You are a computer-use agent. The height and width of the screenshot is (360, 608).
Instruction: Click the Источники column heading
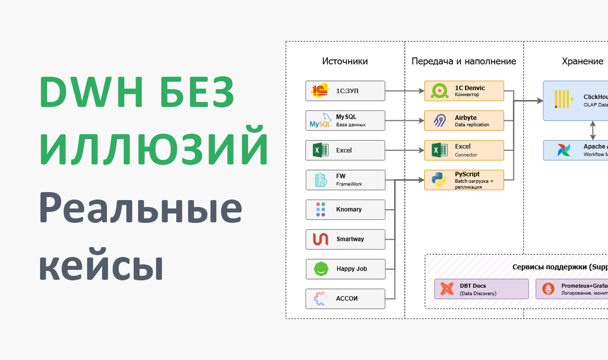coord(345,61)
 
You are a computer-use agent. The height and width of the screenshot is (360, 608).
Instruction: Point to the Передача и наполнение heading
coord(464,61)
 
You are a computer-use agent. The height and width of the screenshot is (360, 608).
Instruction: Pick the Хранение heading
coord(582,61)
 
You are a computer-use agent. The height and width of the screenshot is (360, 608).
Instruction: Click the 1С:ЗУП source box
coord(345,91)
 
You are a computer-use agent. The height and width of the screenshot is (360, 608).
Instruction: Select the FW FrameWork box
coord(345,180)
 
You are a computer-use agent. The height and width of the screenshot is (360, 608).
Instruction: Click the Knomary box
coord(345,210)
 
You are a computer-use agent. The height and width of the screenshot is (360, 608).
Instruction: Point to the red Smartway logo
coord(320,239)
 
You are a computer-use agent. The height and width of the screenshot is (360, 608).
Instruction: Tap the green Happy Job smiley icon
coord(320,269)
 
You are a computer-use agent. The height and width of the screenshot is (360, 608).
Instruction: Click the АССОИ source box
coord(345,298)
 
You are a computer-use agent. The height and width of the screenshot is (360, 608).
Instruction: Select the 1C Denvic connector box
coord(464,91)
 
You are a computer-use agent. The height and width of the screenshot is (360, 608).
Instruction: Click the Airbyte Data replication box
coord(464,121)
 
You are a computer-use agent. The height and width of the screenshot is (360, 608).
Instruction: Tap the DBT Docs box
coord(481,289)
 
